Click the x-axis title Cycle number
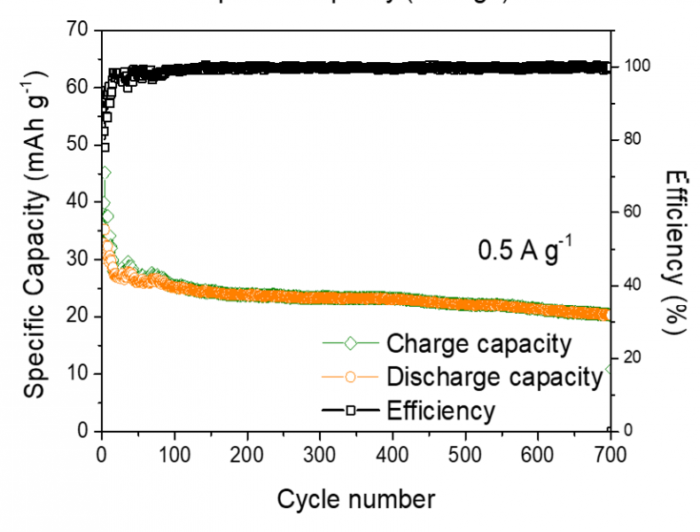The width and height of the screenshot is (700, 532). (x=356, y=499)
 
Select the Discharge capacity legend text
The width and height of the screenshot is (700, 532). (x=494, y=377)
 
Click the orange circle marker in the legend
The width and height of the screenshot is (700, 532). (x=350, y=377)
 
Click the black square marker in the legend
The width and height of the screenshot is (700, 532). (x=350, y=411)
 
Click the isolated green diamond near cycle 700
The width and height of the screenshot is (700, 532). (x=610, y=369)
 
